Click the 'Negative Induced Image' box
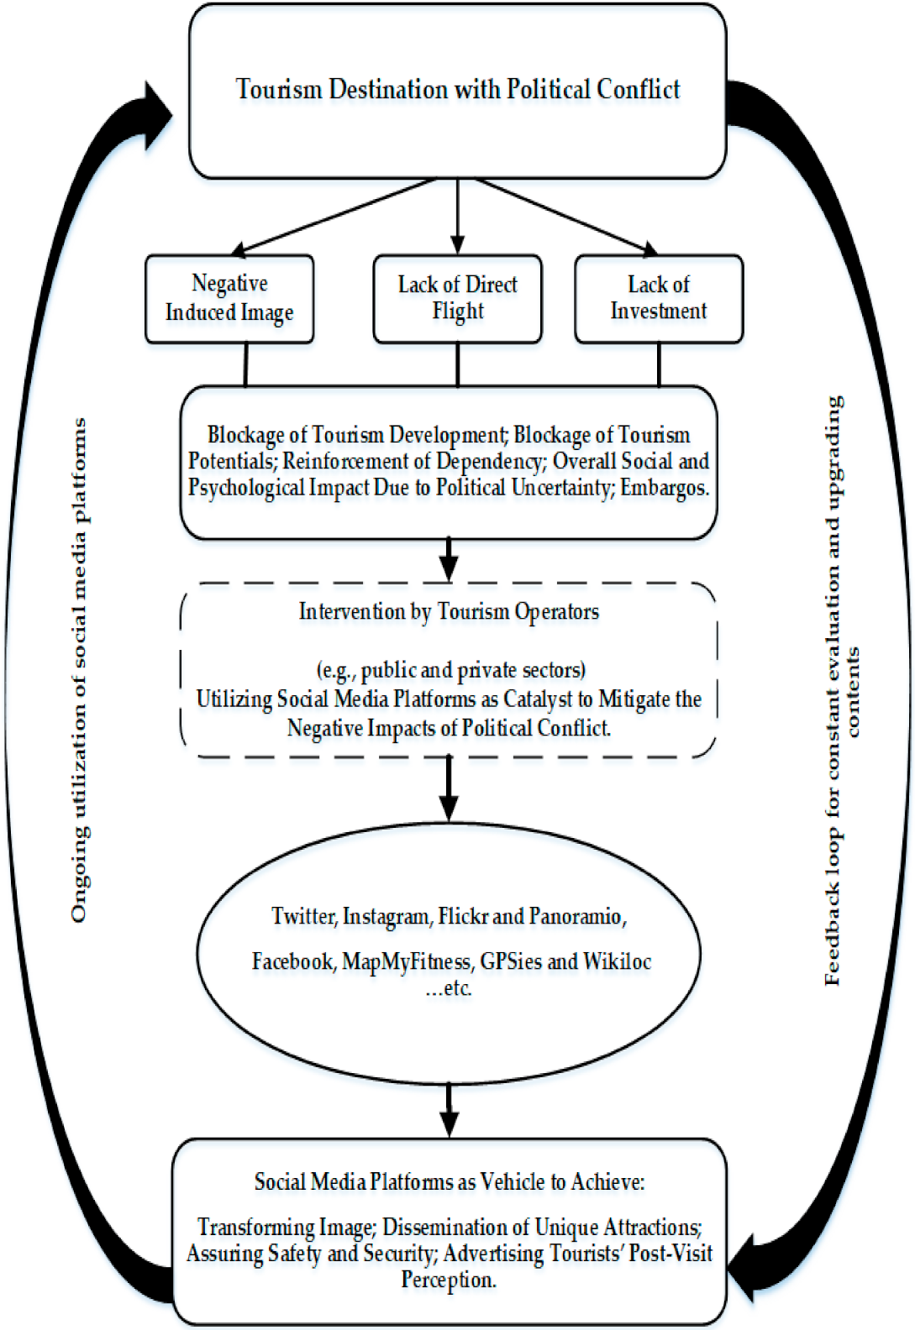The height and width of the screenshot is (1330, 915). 229,298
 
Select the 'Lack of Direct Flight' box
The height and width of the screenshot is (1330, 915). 457,298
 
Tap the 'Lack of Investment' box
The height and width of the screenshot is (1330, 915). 659,298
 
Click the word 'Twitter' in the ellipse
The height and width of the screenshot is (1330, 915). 302,916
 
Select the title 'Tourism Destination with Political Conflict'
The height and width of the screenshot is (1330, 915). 458,90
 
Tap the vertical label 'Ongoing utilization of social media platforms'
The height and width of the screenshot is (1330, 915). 79,670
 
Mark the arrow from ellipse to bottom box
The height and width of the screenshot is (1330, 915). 450,1111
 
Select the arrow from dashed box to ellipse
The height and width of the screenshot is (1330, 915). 450,789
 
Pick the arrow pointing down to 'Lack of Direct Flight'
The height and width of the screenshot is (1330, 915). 457,217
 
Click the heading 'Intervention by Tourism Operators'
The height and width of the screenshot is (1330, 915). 449,612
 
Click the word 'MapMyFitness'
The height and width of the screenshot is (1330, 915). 406,961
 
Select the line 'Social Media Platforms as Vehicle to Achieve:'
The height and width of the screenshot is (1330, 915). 450,1182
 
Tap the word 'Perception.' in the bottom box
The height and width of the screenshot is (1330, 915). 449,1280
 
